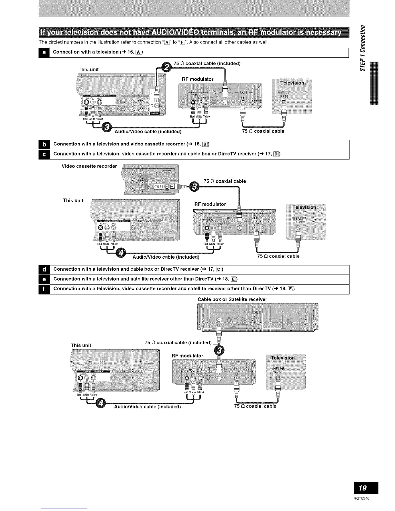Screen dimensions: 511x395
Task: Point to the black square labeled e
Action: [x=45, y=279]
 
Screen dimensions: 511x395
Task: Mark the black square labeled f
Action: [x=45, y=289]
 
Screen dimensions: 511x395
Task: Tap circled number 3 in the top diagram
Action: [x=106, y=128]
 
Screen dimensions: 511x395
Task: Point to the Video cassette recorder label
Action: [x=89, y=166]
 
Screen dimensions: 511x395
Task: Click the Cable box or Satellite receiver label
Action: [x=232, y=299]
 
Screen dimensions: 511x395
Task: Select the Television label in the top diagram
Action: [x=292, y=83]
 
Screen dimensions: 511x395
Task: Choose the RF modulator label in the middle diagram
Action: [x=210, y=204]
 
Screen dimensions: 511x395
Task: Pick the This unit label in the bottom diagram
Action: [x=81, y=346]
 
